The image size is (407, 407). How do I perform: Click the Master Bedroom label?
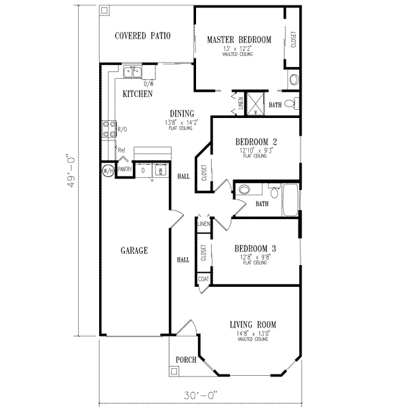click(239, 40)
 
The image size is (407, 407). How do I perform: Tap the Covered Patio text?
click(142, 35)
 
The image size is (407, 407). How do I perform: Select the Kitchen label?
click(137, 94)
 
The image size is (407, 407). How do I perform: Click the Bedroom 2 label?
click(256, 142)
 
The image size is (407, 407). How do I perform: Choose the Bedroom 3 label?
click(255, 248)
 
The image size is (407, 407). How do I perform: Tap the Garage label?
click(135, 250)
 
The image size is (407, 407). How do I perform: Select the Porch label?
click(186, 360)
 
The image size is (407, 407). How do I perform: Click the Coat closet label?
click(202, 277)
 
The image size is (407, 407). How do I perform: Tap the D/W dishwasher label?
click(149, 83)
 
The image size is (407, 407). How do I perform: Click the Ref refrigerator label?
click(121, 150)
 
